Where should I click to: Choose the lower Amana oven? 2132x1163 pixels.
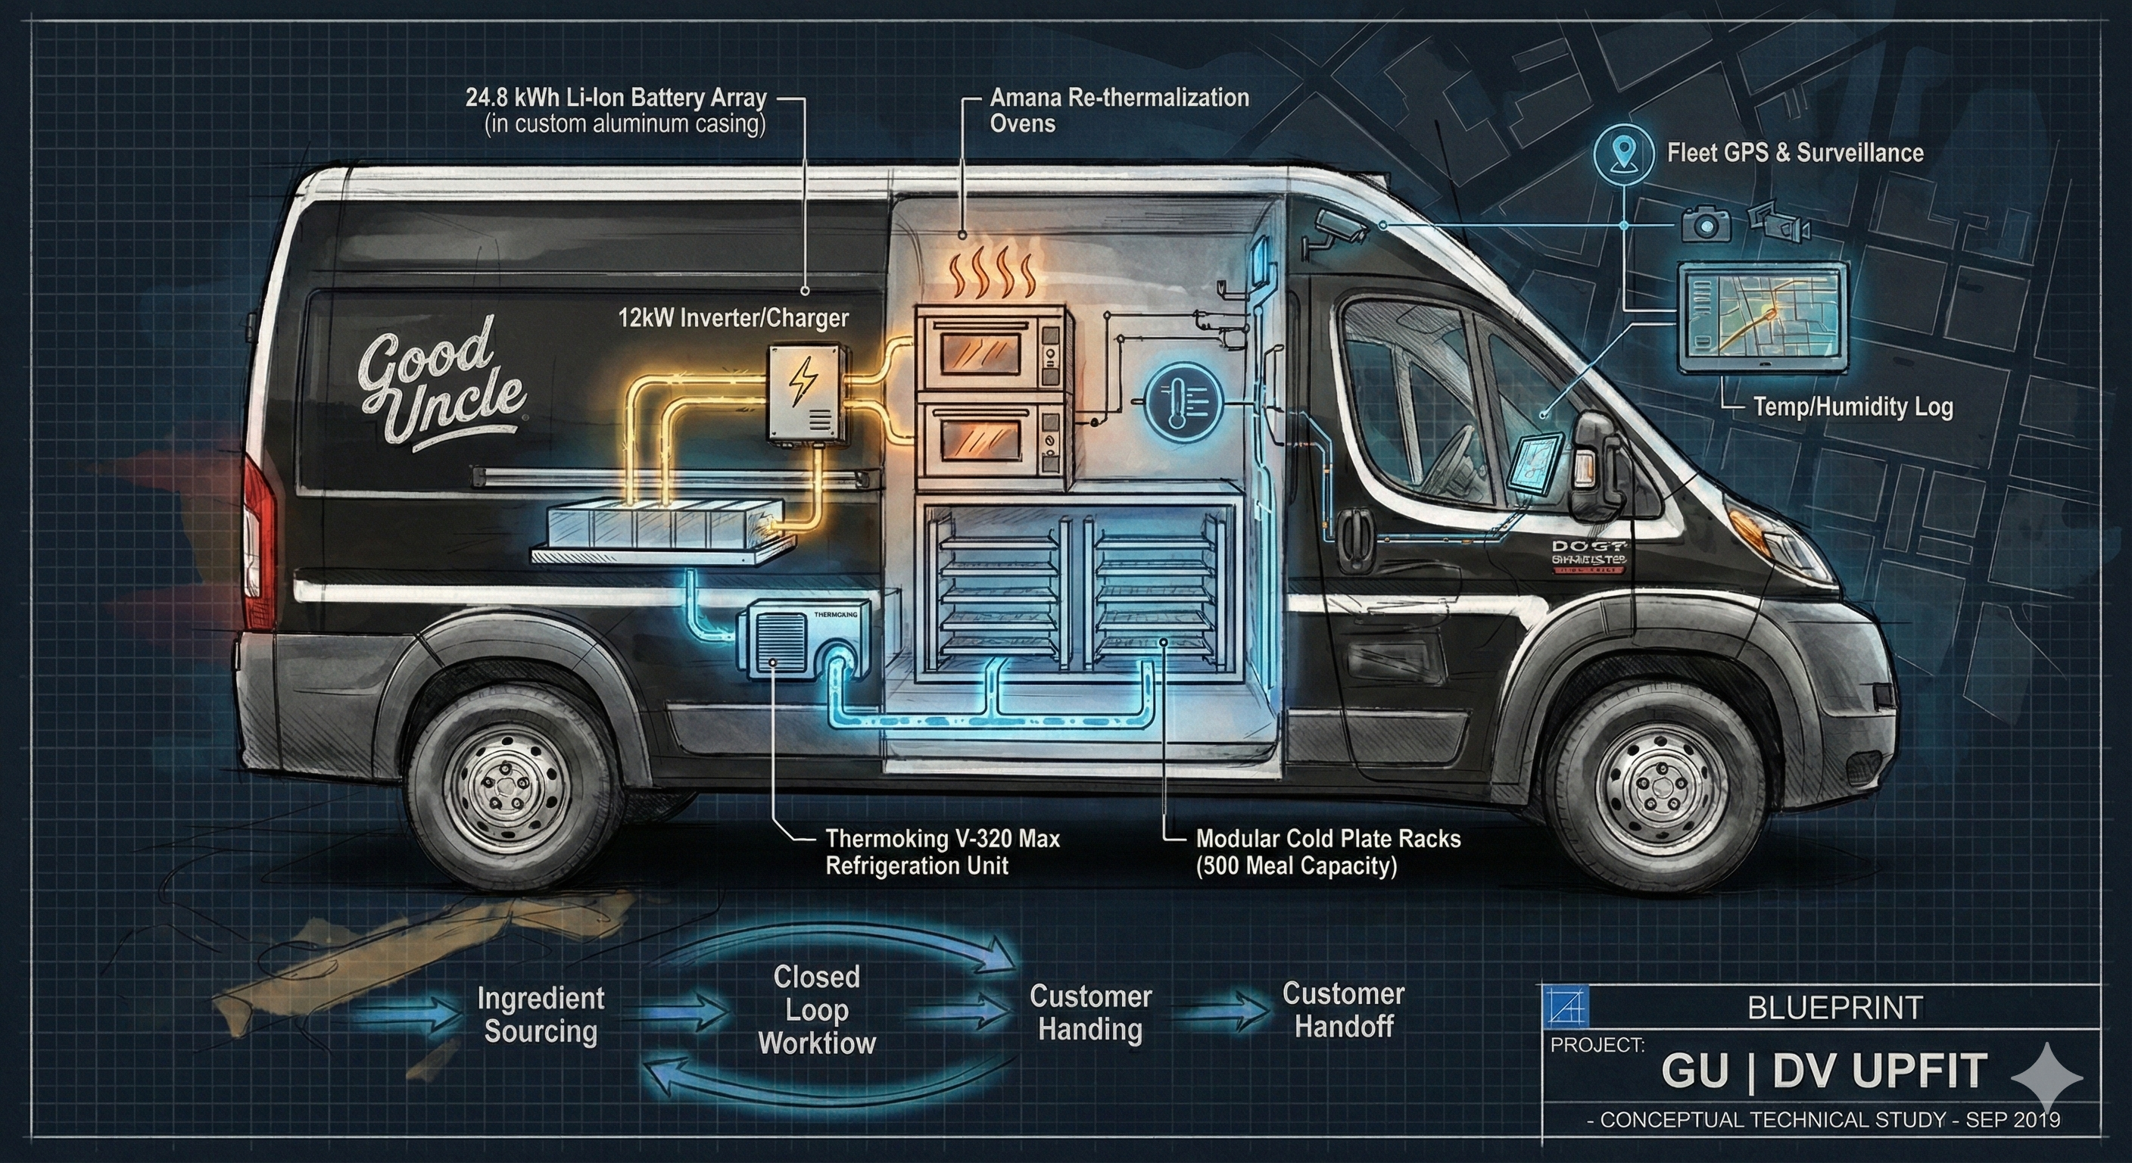pos(990,442)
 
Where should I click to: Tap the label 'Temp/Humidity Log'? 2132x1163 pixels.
pos(1853,407)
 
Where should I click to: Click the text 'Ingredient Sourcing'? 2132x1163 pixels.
pos(541,1015)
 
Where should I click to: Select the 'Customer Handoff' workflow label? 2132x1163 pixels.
pos(1343,1010)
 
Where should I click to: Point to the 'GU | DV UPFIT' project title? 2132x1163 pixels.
pos(1823,1071)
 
